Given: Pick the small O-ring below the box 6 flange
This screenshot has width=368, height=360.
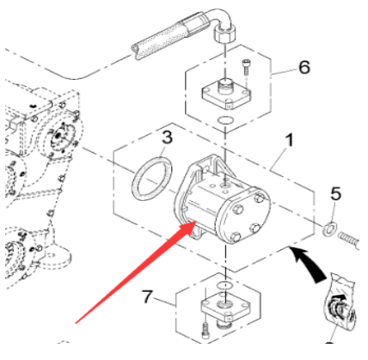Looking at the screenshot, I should point(224,120).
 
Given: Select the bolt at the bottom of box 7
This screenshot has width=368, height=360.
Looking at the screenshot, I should point(205,328).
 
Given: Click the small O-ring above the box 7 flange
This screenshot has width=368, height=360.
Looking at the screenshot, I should point(223,283).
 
